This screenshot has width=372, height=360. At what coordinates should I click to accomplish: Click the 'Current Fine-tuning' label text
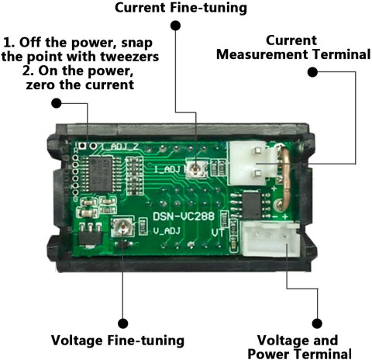point(181,8)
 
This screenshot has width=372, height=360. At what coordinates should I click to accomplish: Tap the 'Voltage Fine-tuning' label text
point(118,341)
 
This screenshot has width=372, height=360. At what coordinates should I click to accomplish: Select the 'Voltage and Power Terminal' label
point(299,347)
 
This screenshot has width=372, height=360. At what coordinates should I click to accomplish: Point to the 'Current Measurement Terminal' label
point(294,47)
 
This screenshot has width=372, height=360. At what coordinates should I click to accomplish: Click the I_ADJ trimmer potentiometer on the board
point(196,168)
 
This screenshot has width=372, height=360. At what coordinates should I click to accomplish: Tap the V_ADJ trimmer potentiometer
point(122,227)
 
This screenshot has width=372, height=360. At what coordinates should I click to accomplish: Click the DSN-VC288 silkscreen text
point(184,216)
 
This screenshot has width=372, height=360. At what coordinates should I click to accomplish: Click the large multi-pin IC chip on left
point(100,174)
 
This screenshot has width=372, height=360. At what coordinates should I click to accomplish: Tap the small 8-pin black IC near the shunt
point(252,205)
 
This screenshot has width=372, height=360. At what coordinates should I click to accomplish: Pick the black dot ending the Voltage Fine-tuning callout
point(122,324)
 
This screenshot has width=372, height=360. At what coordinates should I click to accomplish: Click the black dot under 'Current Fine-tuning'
point(176,26)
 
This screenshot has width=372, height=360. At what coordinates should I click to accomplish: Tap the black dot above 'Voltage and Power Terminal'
point(317,324)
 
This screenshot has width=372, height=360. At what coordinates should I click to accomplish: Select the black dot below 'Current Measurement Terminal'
point(312,72)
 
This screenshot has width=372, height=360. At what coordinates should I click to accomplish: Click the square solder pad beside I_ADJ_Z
point(83,146)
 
